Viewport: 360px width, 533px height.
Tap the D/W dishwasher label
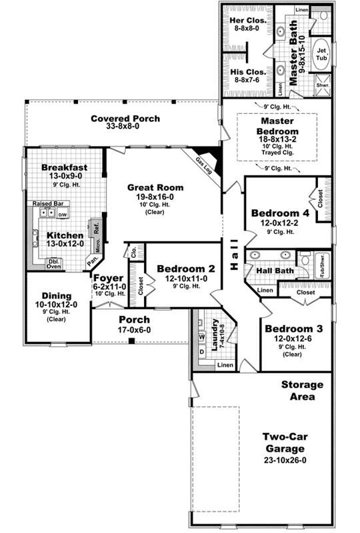pos(62,215)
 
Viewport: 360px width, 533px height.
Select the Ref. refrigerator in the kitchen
pos(97,227)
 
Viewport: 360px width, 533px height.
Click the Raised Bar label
pos(47,204)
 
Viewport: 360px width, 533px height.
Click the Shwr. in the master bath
pos(323,85)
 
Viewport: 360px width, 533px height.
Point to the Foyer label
pos(107,278)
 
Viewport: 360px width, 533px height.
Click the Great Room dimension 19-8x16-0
pos(155,197)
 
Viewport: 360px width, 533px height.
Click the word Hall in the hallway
pos(234,254)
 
